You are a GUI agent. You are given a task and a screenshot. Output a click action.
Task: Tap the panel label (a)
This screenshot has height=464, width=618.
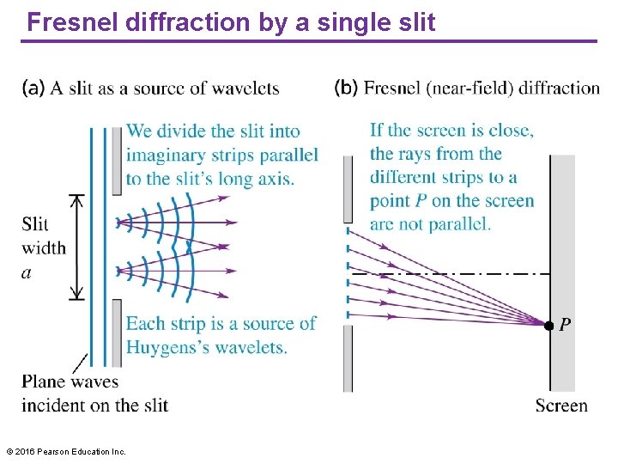[x=34, y=88]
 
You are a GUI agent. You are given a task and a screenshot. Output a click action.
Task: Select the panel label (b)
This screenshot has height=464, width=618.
[x=346, y=88]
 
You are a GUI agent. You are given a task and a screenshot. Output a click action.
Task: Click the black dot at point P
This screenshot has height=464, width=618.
[x=548, y=325]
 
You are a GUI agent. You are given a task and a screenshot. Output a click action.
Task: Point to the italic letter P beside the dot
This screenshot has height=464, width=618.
[x=565, y=325]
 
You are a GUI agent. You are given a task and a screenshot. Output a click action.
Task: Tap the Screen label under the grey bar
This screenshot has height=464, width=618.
[x=561, y=406]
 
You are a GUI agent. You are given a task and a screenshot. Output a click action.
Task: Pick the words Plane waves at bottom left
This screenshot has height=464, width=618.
[x=70, y=382]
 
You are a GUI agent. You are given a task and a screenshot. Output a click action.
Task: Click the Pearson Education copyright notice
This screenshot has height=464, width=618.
[x=65, y=451]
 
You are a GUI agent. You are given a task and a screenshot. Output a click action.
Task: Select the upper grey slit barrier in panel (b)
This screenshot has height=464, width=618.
[x=347, y=189]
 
